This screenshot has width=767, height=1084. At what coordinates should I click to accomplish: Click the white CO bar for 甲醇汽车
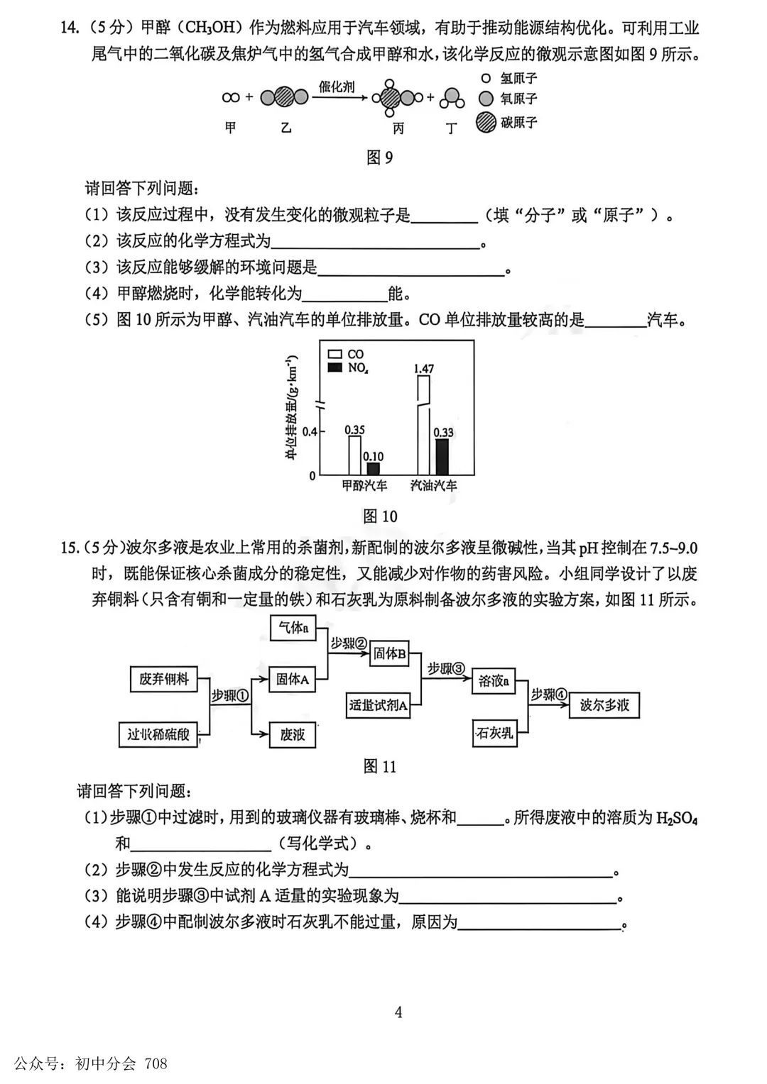tap(354, 455)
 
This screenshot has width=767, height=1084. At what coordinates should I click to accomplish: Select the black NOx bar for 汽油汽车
tap(442, 457)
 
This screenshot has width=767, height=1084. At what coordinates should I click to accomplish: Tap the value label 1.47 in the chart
tap(423, 369)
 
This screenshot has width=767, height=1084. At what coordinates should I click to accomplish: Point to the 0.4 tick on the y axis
tap(310, 431)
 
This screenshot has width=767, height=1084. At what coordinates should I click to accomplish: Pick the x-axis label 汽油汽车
tap(434, 486)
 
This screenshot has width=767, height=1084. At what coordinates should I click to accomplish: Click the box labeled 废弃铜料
tap(164, 679)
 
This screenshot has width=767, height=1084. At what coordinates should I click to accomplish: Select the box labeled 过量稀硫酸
tap(158, 734)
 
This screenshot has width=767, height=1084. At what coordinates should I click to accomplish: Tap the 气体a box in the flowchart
tap(293, 628)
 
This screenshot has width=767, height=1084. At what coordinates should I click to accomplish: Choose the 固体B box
tap(390, 653)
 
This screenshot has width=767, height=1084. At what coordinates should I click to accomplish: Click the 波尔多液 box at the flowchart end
tap(604, 705)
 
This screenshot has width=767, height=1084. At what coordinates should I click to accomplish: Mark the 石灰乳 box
tap(494, 733)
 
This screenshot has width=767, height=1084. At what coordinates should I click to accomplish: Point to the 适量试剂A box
tap(378, 706)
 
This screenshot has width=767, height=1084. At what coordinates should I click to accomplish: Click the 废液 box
tap(293, 734)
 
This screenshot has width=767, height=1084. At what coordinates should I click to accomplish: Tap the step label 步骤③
tap(446, 668)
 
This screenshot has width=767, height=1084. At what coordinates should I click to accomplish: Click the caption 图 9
tap(379, 157)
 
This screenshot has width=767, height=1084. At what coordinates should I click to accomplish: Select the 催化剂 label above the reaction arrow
tap(337, 87)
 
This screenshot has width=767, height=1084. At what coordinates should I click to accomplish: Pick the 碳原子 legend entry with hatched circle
tap(508, 123)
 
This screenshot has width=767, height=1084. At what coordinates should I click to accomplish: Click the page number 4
tap(398, 1012)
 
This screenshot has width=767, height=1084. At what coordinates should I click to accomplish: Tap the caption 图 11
tap(379, 766)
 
